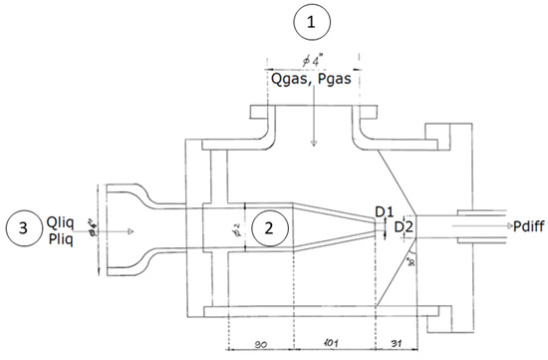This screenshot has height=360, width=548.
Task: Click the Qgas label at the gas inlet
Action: (x=284, y=83)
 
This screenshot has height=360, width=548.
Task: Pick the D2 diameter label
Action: (x=404, y=228)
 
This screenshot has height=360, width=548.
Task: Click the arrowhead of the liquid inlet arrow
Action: (x=127, y=230)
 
